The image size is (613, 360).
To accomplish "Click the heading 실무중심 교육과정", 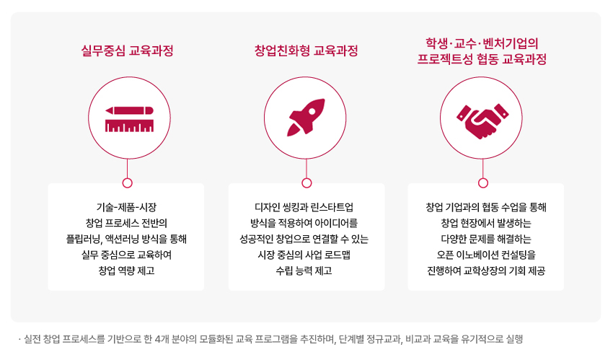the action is [x=127, y=51].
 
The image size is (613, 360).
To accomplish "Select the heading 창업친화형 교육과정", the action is [x=306, y=51].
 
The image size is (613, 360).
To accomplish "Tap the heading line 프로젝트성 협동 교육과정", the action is [x=482, y=59].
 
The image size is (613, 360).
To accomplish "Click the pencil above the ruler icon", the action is [x=129, y=110].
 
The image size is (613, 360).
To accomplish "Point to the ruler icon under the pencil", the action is [x=129, y=126].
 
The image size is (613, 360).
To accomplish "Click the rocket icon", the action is [x=306, y=118].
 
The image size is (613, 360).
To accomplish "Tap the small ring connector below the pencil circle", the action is [x=128, y=183].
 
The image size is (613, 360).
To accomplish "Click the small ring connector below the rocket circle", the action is [x=307, y=183].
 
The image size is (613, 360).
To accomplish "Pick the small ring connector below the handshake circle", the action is [x=483, y=183].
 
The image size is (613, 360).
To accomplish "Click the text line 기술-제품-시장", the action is [x=126, y=207].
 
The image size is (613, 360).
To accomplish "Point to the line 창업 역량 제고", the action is [x=126, y=271].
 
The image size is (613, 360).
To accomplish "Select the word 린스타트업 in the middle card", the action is [x=332, y=207].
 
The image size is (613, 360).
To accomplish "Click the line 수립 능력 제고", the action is [x=304, y=271].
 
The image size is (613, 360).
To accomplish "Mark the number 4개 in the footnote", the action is [x=162, y=339].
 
